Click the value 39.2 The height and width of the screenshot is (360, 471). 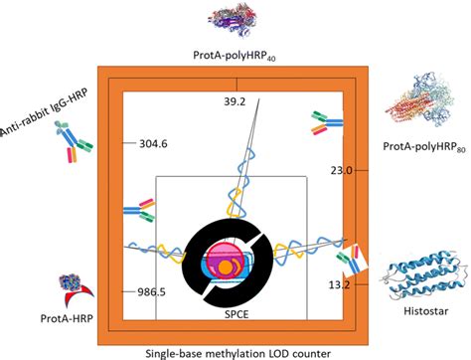(235, 101)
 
